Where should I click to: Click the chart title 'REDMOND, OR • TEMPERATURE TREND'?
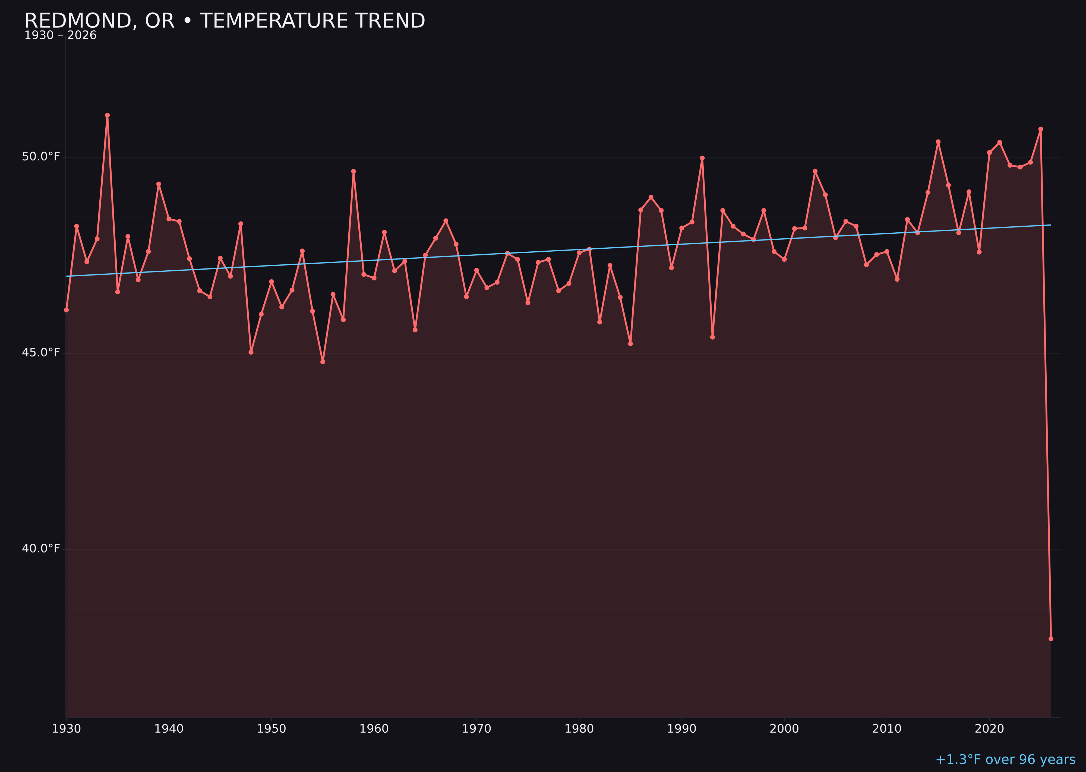(225, 21)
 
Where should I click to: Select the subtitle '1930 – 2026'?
(60, 36)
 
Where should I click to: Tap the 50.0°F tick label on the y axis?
(41, 157)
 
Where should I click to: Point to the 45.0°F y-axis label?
(41, 353)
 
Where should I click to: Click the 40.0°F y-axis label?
(41, 549)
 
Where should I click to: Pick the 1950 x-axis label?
(271, 729)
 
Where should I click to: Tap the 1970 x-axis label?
(476, 729)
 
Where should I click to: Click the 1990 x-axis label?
(682, 729)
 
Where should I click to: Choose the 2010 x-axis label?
(887, 729)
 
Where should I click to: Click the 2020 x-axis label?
(989, 729)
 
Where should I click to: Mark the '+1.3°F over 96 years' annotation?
(1005, 760)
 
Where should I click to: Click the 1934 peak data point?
(108, 115)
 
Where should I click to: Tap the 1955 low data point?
(323, 362)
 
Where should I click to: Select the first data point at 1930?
(67, 310)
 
